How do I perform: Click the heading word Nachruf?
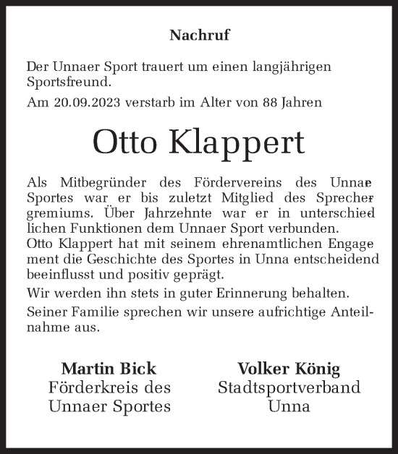pos(199,34)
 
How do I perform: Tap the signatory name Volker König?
pos(289,368)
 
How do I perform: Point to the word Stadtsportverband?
pos(289,387)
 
